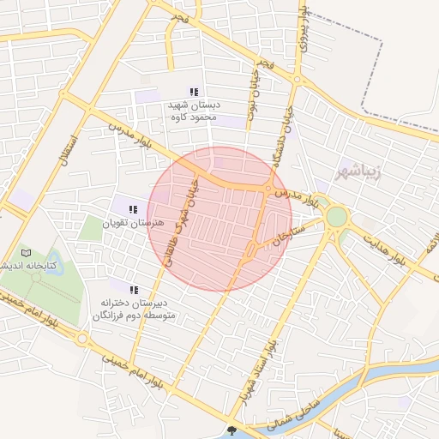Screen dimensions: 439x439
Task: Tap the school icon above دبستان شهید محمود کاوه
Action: pos(195,92)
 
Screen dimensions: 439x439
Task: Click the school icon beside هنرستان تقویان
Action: pos(133,208)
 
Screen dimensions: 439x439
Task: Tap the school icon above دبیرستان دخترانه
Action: pos(134,290)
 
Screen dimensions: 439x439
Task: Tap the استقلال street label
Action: pos(63,151)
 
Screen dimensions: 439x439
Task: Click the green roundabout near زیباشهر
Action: pos(337,218)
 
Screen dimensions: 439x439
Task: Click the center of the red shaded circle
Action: pos(219,219)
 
